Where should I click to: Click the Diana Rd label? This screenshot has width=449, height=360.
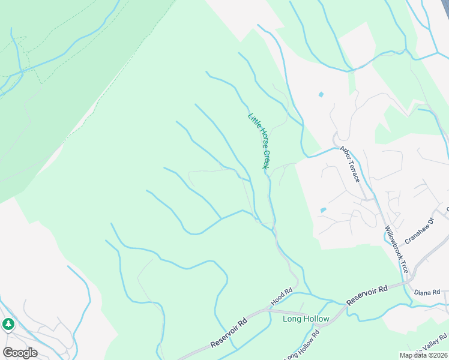427,292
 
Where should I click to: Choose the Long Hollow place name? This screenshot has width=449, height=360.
306,319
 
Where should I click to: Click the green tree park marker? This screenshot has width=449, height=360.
8,325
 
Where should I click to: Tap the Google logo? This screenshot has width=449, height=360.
20,352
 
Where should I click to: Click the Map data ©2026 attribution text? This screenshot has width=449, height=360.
423,355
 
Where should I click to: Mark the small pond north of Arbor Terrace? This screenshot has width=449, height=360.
321,94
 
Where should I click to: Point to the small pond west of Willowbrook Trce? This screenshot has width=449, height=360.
324,210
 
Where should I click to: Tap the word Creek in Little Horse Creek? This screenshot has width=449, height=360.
267,160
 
